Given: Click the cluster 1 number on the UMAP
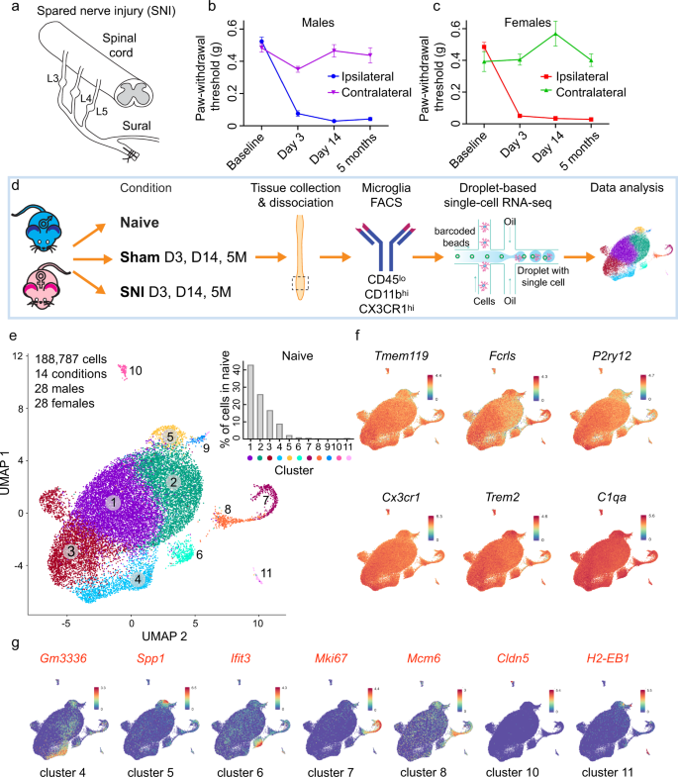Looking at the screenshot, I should click(x=115, y=503).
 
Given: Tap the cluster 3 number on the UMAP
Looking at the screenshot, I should click(x=69, y=550).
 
